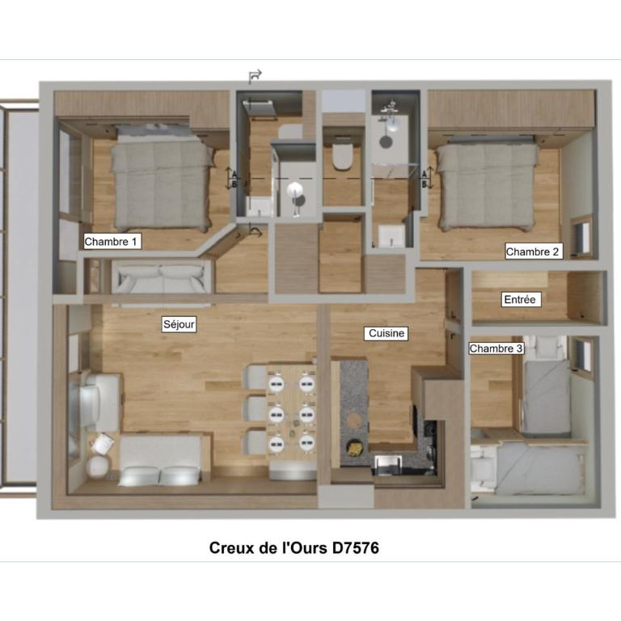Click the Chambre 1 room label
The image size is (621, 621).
coord(112,241)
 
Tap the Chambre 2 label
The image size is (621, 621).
coord(533,251)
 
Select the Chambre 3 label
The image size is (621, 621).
coord(496,349)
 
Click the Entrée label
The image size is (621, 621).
coord(520,299)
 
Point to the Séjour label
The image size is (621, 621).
coord(179,324)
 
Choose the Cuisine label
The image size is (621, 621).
coord(387,333)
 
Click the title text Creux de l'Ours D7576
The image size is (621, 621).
coord(294,547)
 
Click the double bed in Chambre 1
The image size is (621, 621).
coord(162,178)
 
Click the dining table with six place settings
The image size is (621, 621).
coord(291,411)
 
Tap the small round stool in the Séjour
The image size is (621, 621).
coord(97,467)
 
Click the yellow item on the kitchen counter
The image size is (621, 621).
coord(353,446)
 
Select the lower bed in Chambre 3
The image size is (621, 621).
coord(529,469)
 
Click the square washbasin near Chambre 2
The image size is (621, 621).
coord(391,236)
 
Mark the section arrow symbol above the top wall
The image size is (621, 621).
coord(255,76)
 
